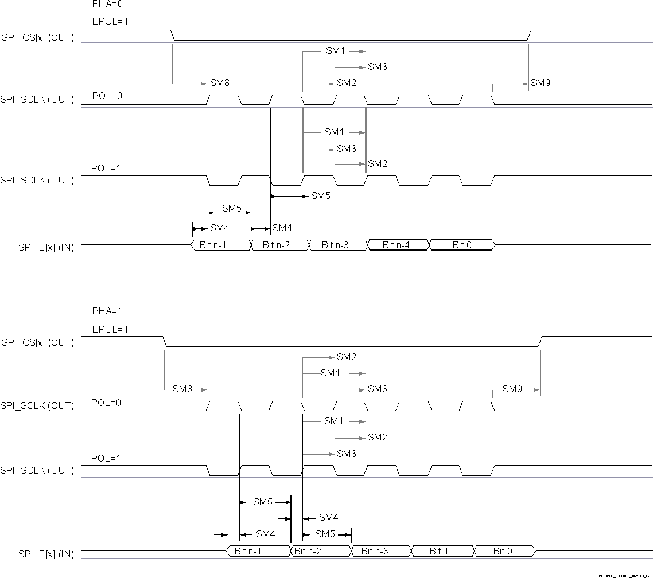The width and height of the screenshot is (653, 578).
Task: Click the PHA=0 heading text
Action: [107, 3]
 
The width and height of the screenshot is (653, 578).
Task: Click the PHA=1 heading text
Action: [107, 311]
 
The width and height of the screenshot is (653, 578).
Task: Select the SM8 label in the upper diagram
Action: [220, 83]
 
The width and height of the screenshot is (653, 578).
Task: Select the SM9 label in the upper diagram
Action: [541, 83]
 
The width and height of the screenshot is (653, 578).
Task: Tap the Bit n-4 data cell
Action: [397, 245]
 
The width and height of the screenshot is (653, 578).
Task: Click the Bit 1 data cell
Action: [440, 551]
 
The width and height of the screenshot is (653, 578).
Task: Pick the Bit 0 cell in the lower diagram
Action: [503, 551]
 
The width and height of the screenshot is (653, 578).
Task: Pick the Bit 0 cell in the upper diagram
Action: [462, 245]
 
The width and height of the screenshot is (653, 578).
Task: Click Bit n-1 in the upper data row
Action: [221, 245]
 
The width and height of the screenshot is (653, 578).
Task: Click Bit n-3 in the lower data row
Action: [380, 551]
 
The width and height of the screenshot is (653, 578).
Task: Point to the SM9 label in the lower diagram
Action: [512, 389]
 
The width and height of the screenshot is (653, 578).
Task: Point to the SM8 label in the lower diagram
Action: [182, 389]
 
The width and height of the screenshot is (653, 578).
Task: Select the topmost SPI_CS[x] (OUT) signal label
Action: [38, 38]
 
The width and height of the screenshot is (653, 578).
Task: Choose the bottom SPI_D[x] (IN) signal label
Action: [46, 554]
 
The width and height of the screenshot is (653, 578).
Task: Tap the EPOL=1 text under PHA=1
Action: [110, 329]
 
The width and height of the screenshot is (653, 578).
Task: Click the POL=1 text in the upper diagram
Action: [106, 169]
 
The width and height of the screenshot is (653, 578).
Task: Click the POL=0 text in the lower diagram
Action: [106, 403]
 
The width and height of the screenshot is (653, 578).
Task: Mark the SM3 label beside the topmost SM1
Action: [378, 67]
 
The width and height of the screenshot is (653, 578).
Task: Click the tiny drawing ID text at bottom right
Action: [624, 575]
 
